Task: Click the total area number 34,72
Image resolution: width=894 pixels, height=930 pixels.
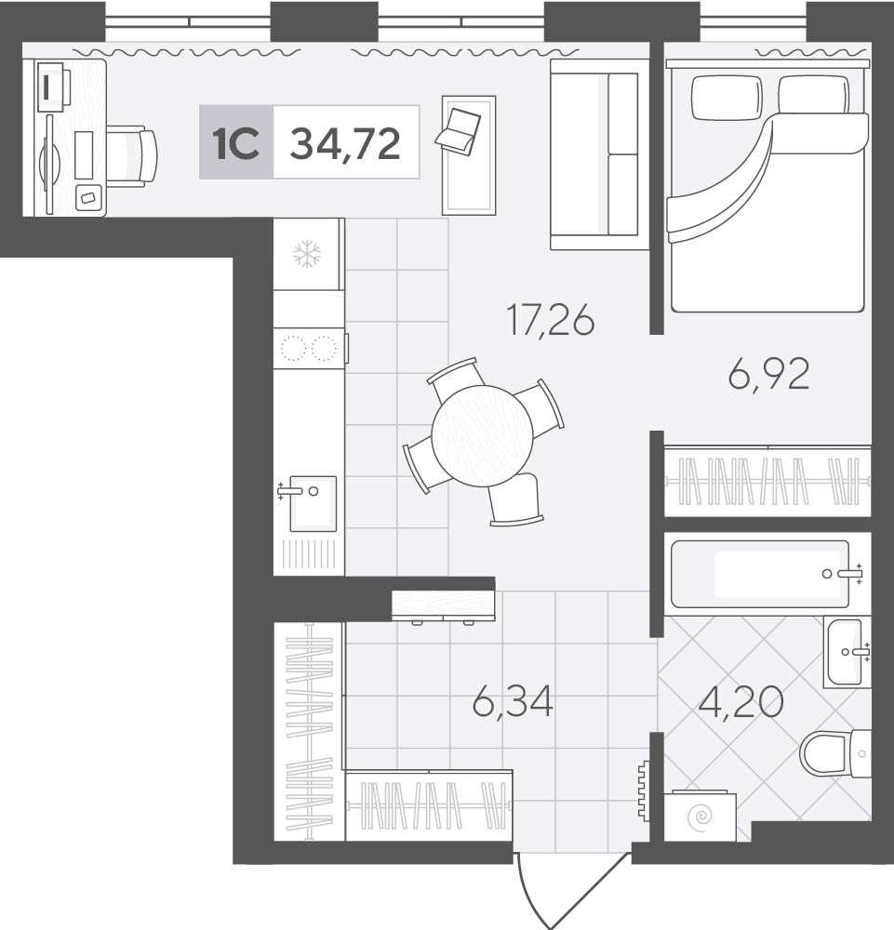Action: (345, 143)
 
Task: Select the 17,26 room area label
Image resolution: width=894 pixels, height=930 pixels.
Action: (551, 320)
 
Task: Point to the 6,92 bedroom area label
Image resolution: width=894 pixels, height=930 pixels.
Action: (768, 374)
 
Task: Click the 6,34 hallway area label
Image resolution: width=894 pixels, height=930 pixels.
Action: (514, 701)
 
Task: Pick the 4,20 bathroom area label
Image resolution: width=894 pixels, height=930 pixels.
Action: (741, 703)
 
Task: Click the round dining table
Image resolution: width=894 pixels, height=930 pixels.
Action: (482, 435)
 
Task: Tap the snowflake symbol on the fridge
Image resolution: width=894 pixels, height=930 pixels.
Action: (307, 254)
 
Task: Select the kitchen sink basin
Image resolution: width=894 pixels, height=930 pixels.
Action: (313, 503)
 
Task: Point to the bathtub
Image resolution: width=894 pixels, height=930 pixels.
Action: (760, 574)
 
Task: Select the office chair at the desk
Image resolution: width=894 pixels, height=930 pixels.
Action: (132, 156)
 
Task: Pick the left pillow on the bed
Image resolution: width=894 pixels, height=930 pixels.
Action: (727, 97)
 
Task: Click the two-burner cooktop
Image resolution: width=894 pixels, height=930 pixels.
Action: (309, 348)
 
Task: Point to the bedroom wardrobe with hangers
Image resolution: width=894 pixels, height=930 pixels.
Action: (767, 481)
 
